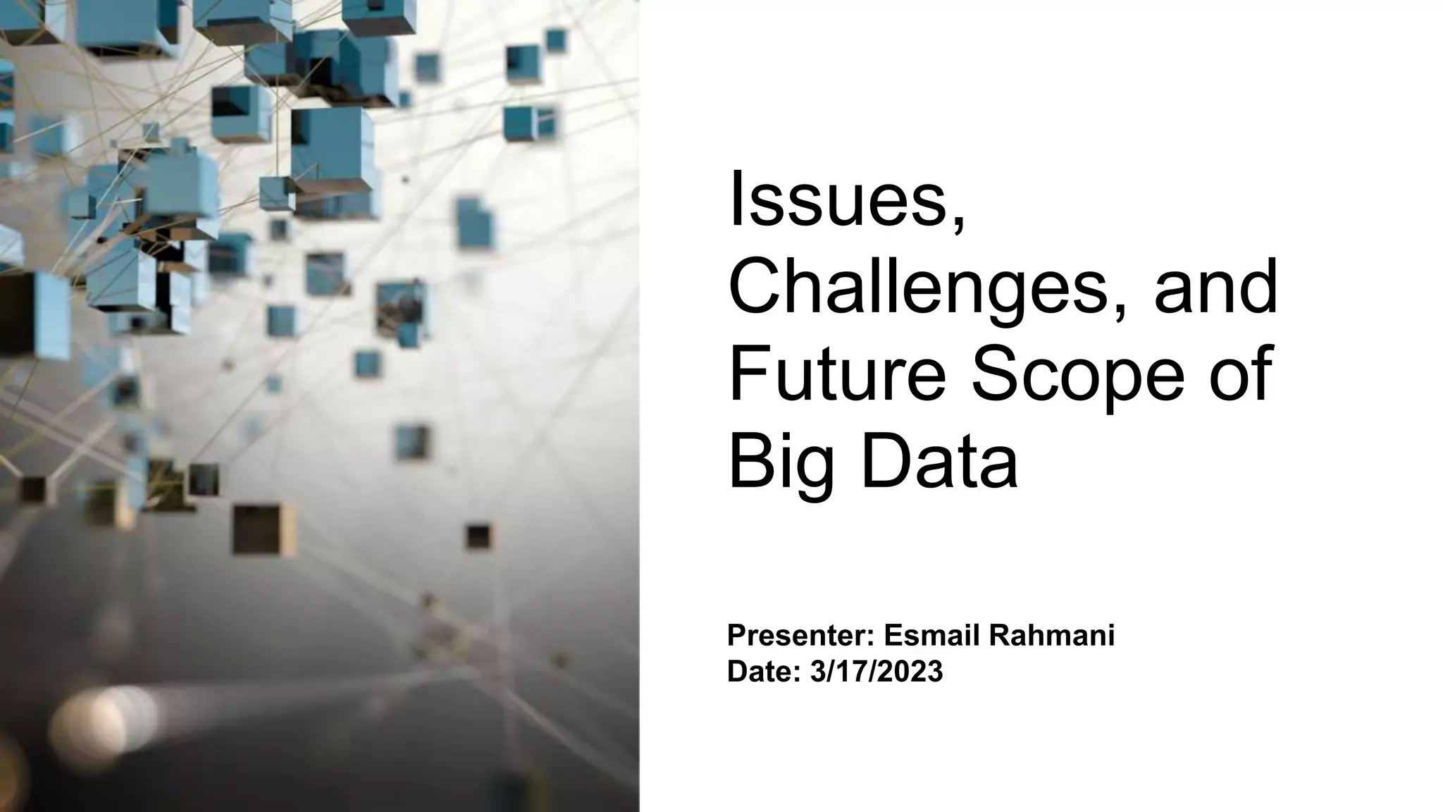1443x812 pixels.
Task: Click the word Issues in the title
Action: (x=837, y=200)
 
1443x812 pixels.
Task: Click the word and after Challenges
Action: (x=1215, y=288)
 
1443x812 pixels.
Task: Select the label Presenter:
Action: (x=800, y=636)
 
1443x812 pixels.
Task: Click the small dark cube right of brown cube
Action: (x=478, y=537)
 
